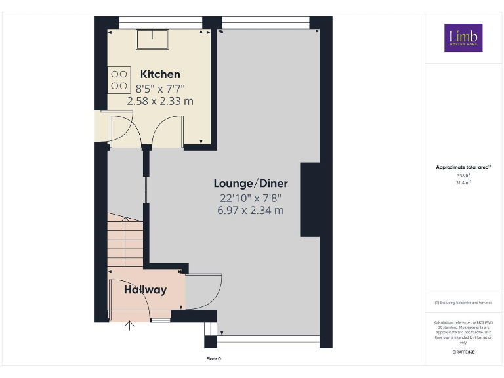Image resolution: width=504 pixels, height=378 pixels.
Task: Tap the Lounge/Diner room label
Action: pyautogui.click(x=251, y=183)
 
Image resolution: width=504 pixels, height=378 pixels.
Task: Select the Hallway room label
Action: pyautogui.click(x=146, y=289)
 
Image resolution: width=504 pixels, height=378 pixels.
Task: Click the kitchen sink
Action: pyautogui.click(x=152, y=40)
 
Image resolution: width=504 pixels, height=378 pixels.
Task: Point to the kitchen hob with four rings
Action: pyautogui.click(x=119, y=79)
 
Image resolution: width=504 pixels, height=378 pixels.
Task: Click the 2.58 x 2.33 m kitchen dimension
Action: pyautogui.click(x=160, y=101)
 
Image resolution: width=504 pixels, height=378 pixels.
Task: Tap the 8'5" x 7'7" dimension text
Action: pyautogui.click(x=160, y=88)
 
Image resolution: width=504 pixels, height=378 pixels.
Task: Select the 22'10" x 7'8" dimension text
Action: pyautogui.click(x=251, y=198)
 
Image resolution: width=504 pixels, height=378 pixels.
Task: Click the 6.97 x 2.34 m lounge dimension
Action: pyautogui.click(x=251, y=211)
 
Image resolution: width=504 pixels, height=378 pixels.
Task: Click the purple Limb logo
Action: pyautogui.click(x=463, y=38)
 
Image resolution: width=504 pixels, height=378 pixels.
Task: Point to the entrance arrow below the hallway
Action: pyautogui.click(x=130, y=325)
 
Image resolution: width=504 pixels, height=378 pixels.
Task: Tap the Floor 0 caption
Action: pyautogui.click(x=214, y=358)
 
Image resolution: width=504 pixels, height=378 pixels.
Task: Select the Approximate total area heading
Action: pyautogui.click(x=463, y=167)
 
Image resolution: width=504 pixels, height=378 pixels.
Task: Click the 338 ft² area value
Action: pyautogui.click(x=463, y=175)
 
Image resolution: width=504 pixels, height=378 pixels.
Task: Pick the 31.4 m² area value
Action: pyautogui.click(x=463, y=182)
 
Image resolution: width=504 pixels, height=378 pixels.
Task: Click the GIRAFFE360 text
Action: pyautogui.click(x=463, y=352)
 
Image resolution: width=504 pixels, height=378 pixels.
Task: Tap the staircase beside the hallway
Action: pyautogui.click(x=125, y=243)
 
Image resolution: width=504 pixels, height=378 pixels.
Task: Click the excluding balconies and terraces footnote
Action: pyautogui.click(x=463, y=303)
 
